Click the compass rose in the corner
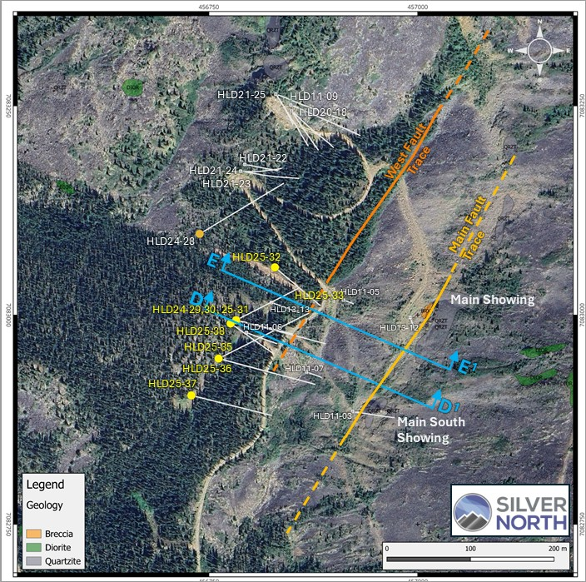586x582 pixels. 538,51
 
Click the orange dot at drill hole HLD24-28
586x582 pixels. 199,233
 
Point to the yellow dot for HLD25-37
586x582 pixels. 191,395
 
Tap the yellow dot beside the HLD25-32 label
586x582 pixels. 276,267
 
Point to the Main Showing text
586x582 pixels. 492,299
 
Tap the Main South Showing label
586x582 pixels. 430,430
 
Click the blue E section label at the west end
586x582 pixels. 214,261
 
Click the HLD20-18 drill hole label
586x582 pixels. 322,112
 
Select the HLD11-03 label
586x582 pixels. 334,415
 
